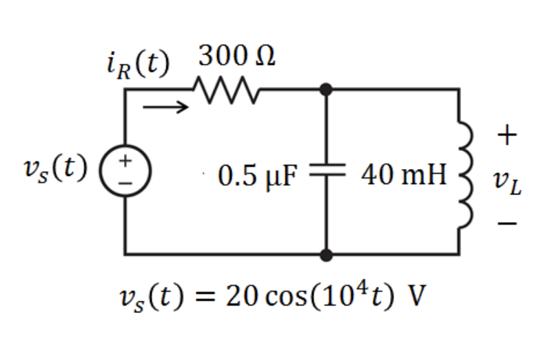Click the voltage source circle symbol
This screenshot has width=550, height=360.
point(125,169)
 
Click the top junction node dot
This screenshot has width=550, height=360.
point(326,89)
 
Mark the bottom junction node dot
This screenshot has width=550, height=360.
point(326,254)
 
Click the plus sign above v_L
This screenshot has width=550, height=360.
point(507,135)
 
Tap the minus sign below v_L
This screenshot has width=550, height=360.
point(507,224)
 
